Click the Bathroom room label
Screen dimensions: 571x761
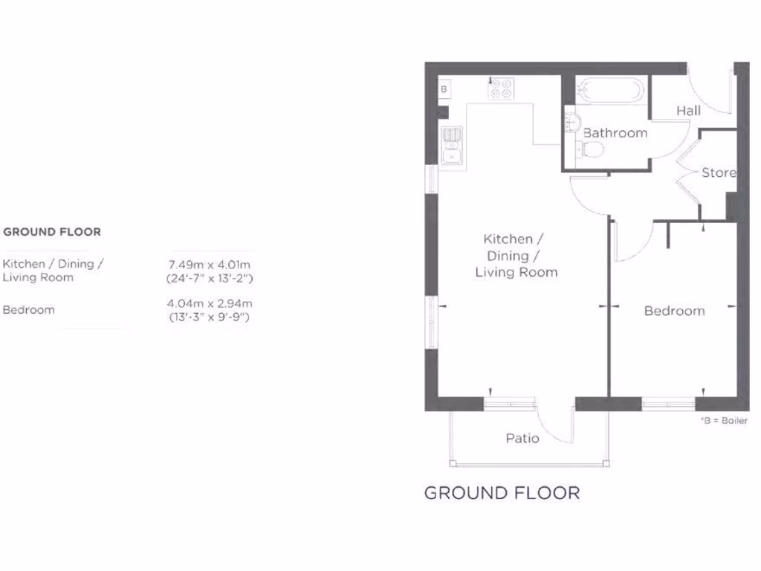pyautogui.click(x=615, y=133)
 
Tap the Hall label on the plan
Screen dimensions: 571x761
pyautogui.click(x=688, y=111)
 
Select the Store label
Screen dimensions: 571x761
pyautogui.click(x=719, y=172)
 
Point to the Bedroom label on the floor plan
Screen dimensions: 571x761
pyautogui.click(x=674, y=311)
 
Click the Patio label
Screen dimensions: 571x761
pyautogui.click(x=522, y=438)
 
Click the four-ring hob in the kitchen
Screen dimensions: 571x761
pyautogui.click(x=500, y=89)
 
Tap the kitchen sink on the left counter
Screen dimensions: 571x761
pyautogui.click(x=450, y=146)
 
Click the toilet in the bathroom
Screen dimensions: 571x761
pyautogui.click(x=592, y=151)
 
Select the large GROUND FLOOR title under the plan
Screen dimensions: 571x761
pyautogui.click(x=502, y=492)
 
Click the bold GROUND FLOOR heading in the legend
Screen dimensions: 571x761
pyautogui.click(x=52, y=232)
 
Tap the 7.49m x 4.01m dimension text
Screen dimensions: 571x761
pyautogui.click(x=210, y=265)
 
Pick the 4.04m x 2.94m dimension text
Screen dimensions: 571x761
pyautogui.click(x=210, y=303)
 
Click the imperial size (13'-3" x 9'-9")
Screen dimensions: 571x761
pyautogui.click(x=210, y=317)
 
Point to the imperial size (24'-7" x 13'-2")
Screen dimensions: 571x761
pyautogui.click(x=210, y=279)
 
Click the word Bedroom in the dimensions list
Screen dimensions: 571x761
pyautogui.click(x=29, y=310)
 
